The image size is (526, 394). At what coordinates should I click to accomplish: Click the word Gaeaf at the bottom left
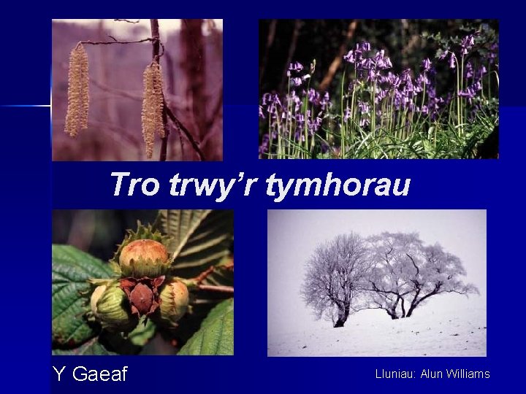pyautogui.click(x=100, y=374)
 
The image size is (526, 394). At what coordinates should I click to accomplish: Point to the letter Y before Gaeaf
pyautogui.click(x=59, y=374)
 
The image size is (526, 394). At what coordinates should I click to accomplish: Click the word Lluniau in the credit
pyautogui.click(x=395, y=374)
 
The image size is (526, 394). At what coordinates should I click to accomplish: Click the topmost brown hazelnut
pyautogui.click(x=144, y=256)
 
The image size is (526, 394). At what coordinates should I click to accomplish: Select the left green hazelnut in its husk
pyautogui.click(x=110, y=303)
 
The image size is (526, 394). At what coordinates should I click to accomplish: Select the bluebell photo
pyautogui.click(x=378, y=88)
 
